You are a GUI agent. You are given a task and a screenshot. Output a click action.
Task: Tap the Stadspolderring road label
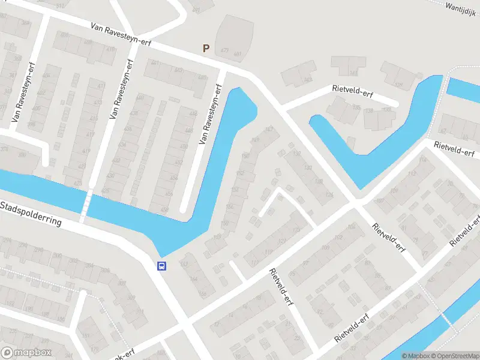(31, 214)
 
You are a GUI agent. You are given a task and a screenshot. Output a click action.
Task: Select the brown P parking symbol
(206, 49)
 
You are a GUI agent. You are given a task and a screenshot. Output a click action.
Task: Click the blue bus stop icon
(161, 266)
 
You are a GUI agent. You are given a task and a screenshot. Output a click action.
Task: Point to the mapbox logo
(26, 353)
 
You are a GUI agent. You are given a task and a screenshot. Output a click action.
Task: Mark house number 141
(353, 73)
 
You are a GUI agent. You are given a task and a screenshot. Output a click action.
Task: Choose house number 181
(86, 335)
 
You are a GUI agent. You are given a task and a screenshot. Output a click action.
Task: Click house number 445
(202, 77)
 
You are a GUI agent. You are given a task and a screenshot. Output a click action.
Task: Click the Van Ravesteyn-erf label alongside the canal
(211, 114)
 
